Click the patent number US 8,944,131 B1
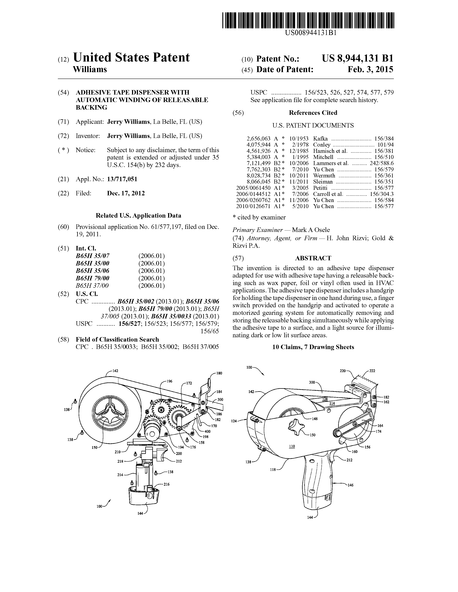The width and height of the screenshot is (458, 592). tap(357, 58)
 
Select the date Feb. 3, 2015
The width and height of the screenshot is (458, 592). tap(370, 70)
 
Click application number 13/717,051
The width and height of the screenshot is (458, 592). tap(122, 179)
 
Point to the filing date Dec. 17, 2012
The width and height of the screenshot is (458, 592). tap(126, 193)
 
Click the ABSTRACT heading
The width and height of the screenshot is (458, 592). tap(313, 258)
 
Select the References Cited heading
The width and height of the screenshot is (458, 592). tap(313, 113)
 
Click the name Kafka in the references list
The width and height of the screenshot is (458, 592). tap(320, 138)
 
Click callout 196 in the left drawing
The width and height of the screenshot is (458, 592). tap(169, 381)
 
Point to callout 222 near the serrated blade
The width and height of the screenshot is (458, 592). tap(372, 371)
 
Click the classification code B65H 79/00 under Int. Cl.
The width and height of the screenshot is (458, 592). tap(93, 278)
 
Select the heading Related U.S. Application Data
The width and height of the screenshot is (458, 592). tap(138, 216)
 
